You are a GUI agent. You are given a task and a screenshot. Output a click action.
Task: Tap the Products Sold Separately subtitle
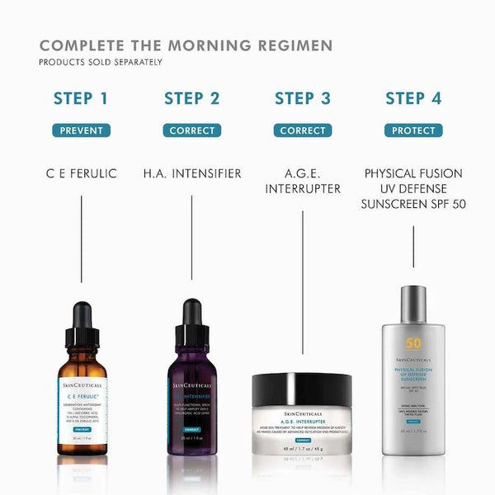101,62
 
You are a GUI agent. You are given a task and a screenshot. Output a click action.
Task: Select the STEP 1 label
81,99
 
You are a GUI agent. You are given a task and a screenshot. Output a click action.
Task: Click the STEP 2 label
191,99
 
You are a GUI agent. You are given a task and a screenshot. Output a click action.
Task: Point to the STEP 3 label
303,99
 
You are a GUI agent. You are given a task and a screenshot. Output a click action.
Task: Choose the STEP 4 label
413,99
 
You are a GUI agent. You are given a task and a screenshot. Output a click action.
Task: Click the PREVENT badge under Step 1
81,130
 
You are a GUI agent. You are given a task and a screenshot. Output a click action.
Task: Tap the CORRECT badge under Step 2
191,130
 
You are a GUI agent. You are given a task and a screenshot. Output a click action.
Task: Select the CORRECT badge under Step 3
303,130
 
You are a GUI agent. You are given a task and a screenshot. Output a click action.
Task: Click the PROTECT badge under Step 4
413,130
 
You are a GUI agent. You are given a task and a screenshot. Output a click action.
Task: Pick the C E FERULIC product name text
81,173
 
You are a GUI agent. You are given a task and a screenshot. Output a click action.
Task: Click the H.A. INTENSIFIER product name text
191,173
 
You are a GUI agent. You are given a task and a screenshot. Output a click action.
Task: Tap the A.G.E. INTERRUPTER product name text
303,181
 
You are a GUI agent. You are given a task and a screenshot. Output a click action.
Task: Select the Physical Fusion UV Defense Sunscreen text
413,188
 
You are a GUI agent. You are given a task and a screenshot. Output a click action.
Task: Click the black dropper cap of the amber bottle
82,318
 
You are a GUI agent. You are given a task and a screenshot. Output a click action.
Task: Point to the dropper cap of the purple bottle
192,318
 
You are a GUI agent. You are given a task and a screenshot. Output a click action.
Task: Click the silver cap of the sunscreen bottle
413,304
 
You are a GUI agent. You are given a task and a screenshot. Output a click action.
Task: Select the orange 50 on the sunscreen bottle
413,343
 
